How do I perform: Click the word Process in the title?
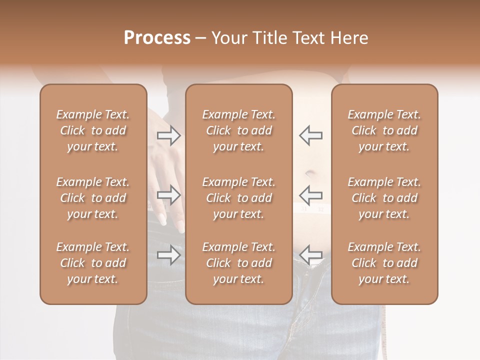[157, 38]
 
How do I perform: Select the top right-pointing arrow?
[169, 135]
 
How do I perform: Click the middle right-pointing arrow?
[169, 195]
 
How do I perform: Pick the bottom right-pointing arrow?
[169, 255]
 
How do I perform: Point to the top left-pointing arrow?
[311, 135]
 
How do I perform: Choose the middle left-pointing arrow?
[311, 195]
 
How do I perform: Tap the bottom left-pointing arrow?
[311, 255]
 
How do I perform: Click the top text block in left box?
[93, 130]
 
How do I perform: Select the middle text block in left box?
[93, 198]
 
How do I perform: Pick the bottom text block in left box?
[93, 263]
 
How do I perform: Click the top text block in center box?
[239, 130]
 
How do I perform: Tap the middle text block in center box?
[239, 198]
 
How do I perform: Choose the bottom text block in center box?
[239, 263]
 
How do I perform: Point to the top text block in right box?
[384, 130]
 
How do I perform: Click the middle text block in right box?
[384, 198]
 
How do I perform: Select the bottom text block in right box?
[384, 263]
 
